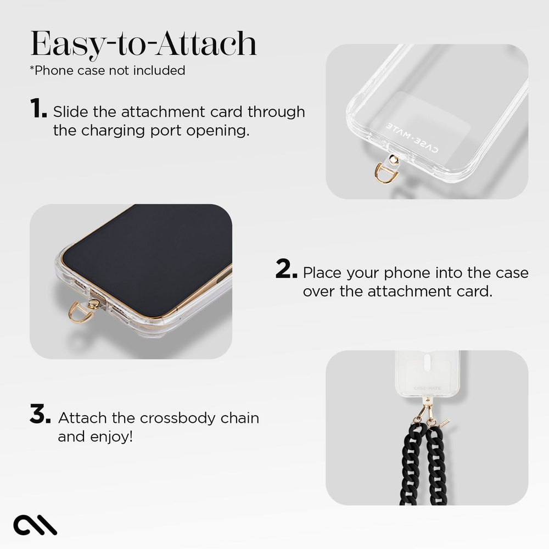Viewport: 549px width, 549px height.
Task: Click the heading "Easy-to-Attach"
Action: [x=143, y=44]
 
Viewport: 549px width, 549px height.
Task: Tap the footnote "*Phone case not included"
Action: [x=107, y=70]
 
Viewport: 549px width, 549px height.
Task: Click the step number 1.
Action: [x=38, y=109]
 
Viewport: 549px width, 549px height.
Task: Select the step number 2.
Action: [x=287, y=270]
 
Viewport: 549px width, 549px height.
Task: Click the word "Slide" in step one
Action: [x=69, y=112]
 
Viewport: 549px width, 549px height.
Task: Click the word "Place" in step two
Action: [x=322, y=272]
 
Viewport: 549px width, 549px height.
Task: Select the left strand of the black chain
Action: [x=410, y=467]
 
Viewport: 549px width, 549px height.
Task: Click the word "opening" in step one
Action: [x=222, y=131]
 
